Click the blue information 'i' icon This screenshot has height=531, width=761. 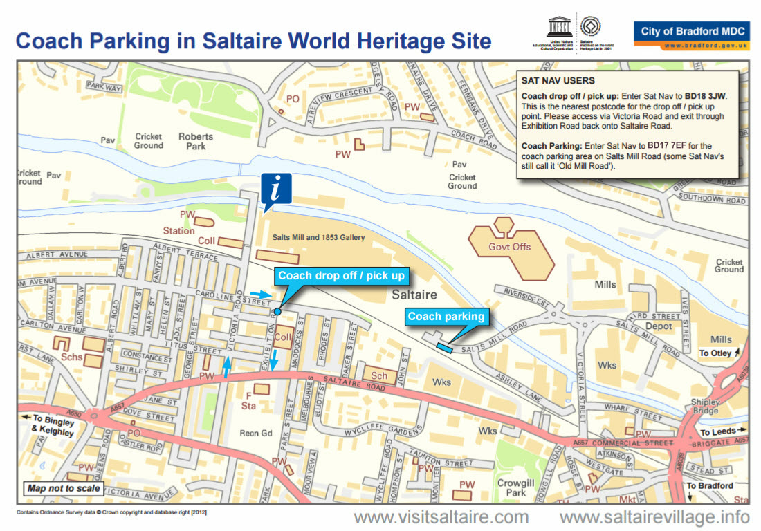276,188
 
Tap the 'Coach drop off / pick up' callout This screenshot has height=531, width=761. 341,276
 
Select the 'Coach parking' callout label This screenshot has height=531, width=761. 446,317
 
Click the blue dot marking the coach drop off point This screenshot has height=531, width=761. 277,312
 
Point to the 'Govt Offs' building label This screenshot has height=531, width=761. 511,247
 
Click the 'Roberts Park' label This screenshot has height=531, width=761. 196,141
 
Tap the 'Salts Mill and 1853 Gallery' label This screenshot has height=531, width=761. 318,237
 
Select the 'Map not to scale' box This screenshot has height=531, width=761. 64,488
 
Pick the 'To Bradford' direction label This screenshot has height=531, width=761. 710,486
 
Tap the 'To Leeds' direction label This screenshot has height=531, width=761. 719,432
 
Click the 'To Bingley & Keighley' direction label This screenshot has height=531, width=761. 52,426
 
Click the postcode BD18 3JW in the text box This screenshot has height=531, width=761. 706,96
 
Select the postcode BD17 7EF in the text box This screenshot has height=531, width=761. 669,146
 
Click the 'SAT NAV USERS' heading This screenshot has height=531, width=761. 558,81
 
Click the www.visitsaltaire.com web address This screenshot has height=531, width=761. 441,517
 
